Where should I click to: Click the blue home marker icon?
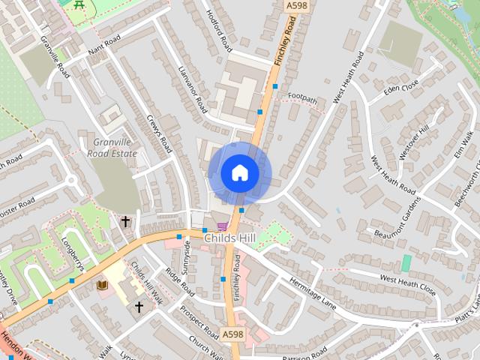coord(240,173)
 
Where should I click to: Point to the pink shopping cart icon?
coord(222,226)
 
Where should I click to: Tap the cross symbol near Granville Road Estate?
coord(125,221)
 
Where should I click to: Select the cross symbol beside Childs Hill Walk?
coord(139,307)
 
